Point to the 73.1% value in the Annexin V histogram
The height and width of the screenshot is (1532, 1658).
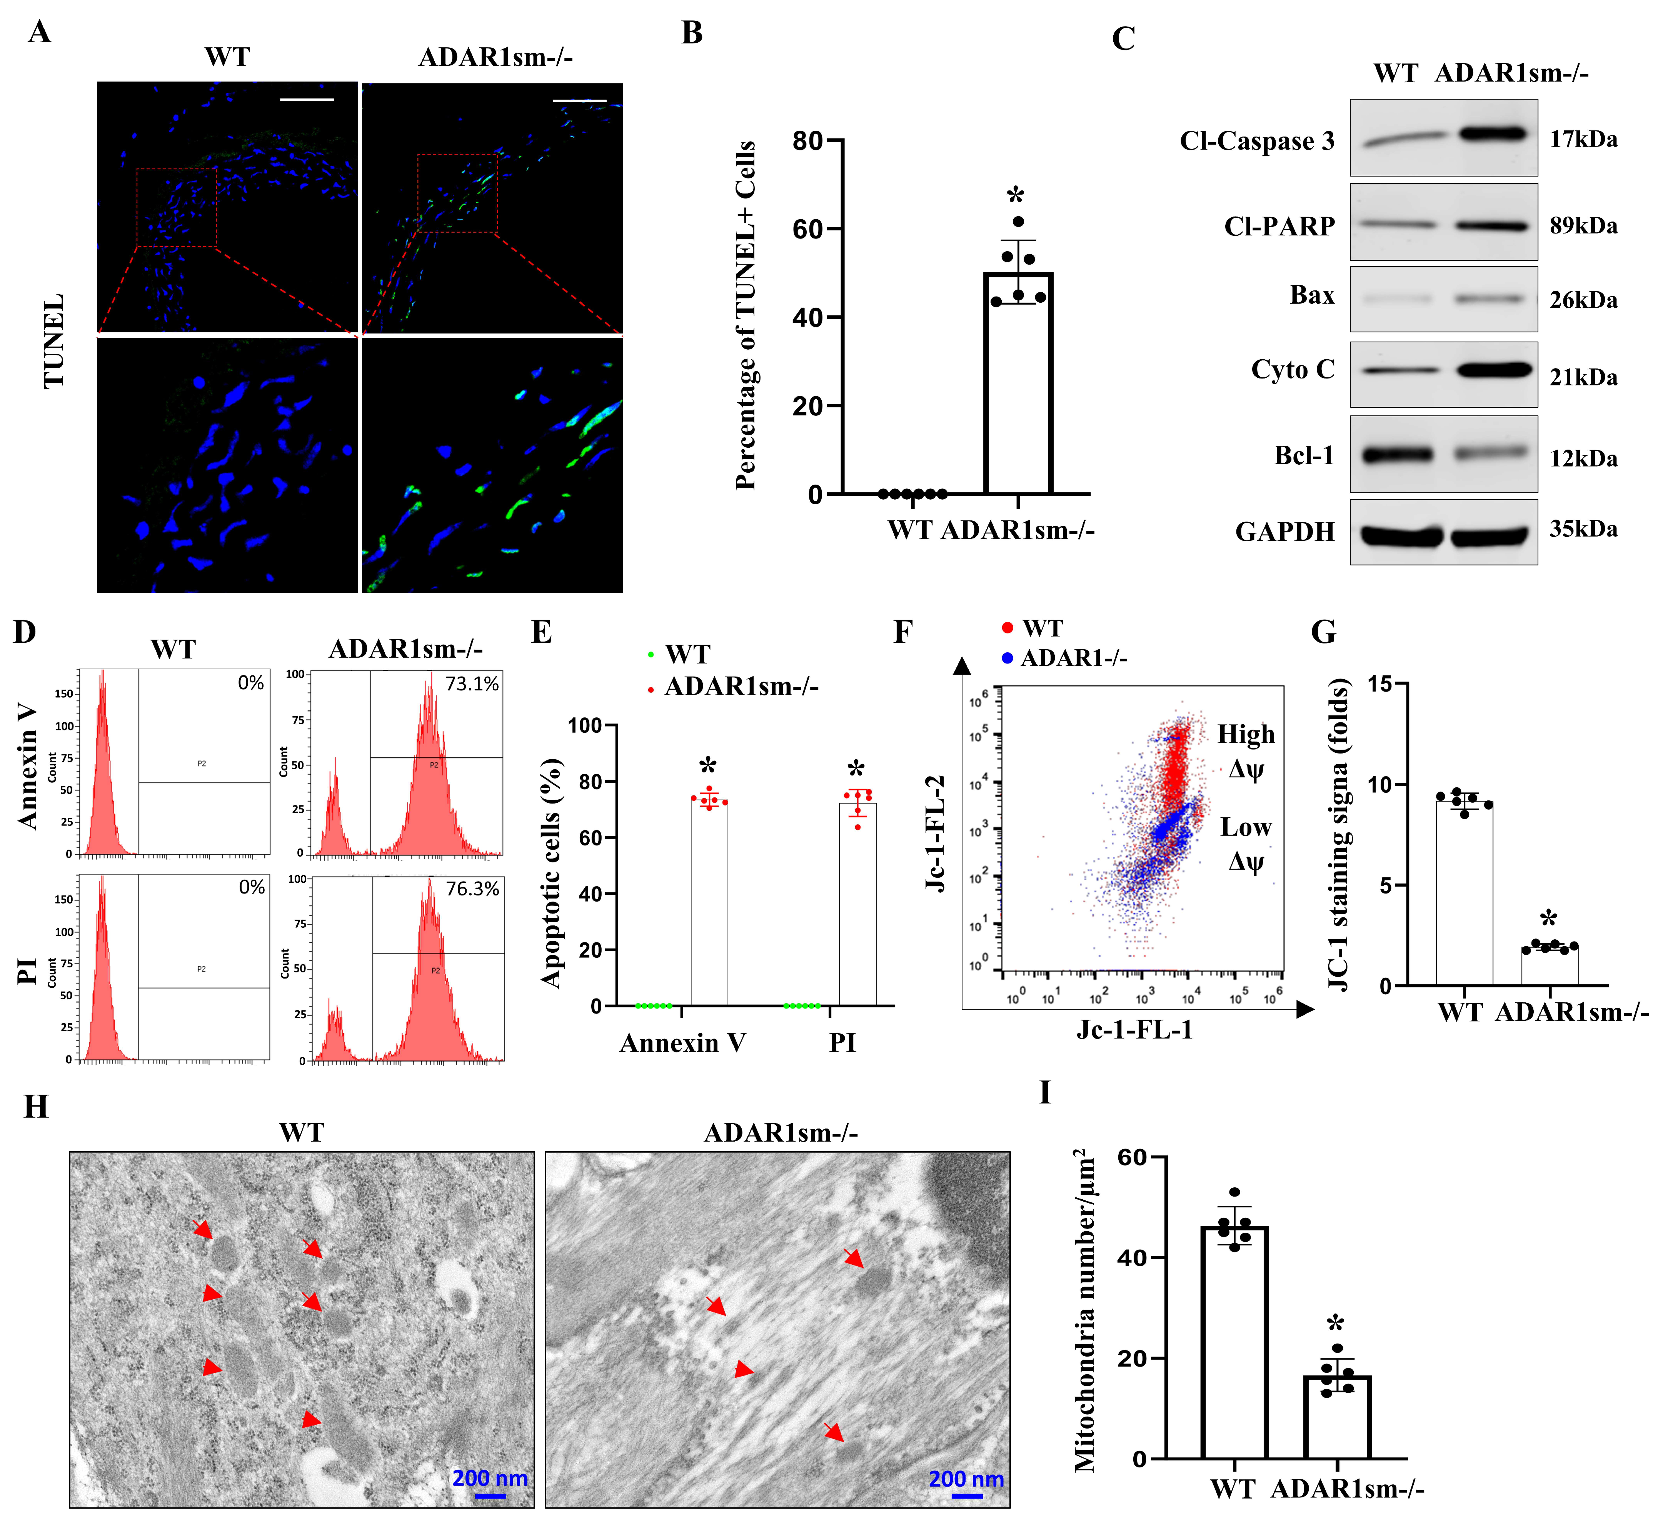click(x=472, y=684)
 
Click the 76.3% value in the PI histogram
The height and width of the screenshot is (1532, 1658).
click(x=472, y=889)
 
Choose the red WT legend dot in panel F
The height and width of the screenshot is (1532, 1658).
click(x=1007, y=628)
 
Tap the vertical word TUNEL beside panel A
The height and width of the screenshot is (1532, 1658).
click(x=54, y=340)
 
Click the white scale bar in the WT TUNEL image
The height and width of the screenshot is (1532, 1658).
click(x=307, y=100)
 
